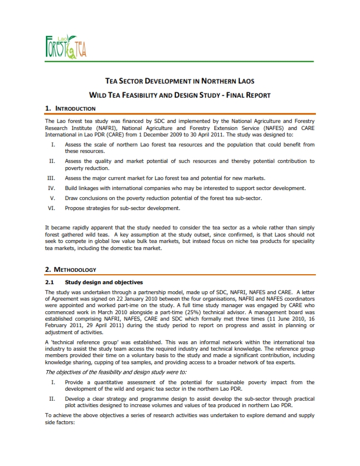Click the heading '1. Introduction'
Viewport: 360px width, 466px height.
(x=70, y=108)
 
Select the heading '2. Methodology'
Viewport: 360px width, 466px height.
(x=70, y=269)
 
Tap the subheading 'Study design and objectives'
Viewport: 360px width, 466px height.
(x=104, y=282)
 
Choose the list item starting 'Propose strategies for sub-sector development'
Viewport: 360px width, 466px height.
(x=122, y=208)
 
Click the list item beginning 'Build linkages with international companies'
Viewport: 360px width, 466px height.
(x=185, y=188)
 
